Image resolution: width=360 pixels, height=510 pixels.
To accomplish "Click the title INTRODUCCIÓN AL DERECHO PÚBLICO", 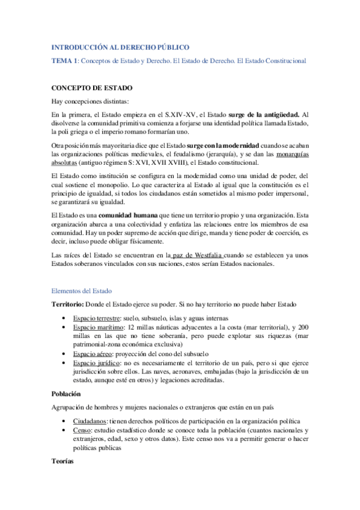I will [x=120, y=47].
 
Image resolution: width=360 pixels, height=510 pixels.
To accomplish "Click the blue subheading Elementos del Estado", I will [x=85, y=290].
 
